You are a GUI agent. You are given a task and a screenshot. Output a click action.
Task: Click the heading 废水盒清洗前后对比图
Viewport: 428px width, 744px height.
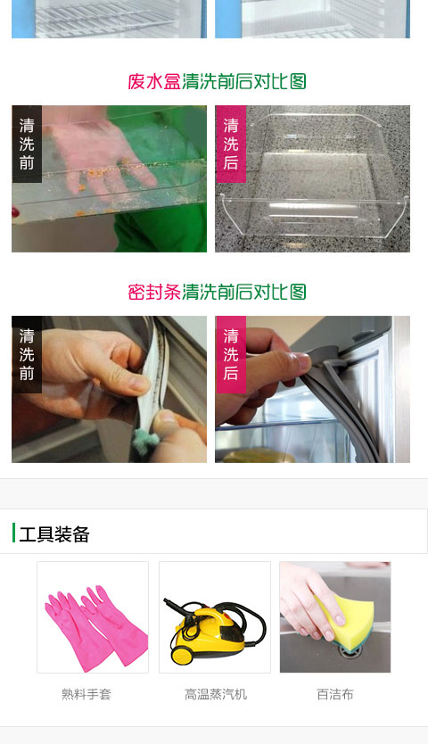coord(217,81)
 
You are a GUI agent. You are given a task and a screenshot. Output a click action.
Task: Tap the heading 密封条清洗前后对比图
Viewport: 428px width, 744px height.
coord(217,292)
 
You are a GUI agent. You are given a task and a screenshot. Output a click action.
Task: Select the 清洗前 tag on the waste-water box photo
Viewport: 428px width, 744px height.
coord(27,144)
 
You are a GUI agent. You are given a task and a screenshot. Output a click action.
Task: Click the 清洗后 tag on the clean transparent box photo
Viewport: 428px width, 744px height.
coord(231,144)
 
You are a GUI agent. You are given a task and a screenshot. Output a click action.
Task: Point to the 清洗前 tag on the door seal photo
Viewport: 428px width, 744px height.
coord(27,354)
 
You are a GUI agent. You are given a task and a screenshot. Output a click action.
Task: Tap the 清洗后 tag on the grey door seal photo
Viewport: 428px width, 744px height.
coord(231,354)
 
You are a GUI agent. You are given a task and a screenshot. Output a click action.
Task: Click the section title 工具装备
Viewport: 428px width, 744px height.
coord(54,534)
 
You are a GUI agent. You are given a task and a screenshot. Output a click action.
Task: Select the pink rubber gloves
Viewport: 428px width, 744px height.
coord(95,627)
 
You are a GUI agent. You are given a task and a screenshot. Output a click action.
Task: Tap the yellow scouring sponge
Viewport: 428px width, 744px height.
coord(345,618)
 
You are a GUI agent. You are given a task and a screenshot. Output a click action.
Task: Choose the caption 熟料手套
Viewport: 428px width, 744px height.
coord(86,695)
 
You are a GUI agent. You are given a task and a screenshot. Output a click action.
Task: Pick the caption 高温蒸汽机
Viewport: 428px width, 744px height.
coord(216,695)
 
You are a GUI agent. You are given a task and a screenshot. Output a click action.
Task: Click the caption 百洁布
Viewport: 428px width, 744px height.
coord(335,695)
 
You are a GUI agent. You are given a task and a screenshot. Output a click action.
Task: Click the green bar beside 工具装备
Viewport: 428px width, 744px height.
coord(13,533)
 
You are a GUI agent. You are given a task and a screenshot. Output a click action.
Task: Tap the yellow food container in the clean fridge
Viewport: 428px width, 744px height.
coord(259,456)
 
